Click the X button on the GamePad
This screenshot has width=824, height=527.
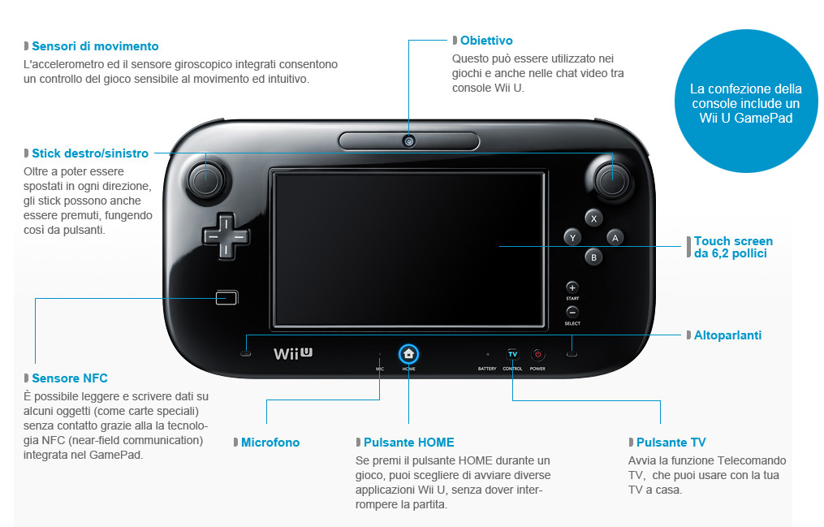pos(593,218)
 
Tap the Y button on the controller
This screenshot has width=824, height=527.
pos(573,237)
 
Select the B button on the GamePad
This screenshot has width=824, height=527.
pos(593,257)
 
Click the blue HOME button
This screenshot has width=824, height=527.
pos(408,354)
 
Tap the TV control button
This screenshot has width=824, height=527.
pos(512,354)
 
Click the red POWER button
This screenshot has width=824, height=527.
pos(537,354)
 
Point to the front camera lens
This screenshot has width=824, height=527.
pos(409,141)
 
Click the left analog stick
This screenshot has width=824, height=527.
pos(206,180)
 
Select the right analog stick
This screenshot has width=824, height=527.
pos(612,180)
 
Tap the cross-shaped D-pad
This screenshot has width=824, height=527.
pos(226,236)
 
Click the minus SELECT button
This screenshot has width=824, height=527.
pos(572,312)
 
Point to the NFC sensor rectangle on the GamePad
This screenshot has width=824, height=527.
pos(227,298)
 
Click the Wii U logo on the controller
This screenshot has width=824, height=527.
pos(293,353)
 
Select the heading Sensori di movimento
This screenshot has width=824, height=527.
pos(95,46)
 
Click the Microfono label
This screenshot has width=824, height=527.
pos(270,443)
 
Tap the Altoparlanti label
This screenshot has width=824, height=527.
pos(727,335)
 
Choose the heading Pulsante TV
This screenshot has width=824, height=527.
pos(671,443)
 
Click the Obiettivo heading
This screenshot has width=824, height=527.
pos(486,41)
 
